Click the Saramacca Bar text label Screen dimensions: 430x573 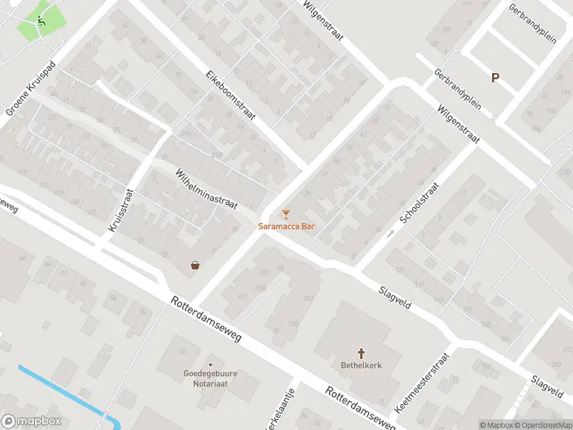point(286,226)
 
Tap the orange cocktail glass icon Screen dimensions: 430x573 point(286,214)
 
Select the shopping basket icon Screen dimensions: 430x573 point(195,264)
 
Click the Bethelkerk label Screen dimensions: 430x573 point(361,365)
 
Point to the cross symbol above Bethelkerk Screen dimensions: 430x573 point(361,353)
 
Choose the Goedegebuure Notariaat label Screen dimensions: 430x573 point(210,378)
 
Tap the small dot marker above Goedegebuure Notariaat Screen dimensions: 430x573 point(210,364)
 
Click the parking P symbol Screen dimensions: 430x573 point(495,77)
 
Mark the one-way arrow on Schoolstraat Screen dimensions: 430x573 point(390,233)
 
